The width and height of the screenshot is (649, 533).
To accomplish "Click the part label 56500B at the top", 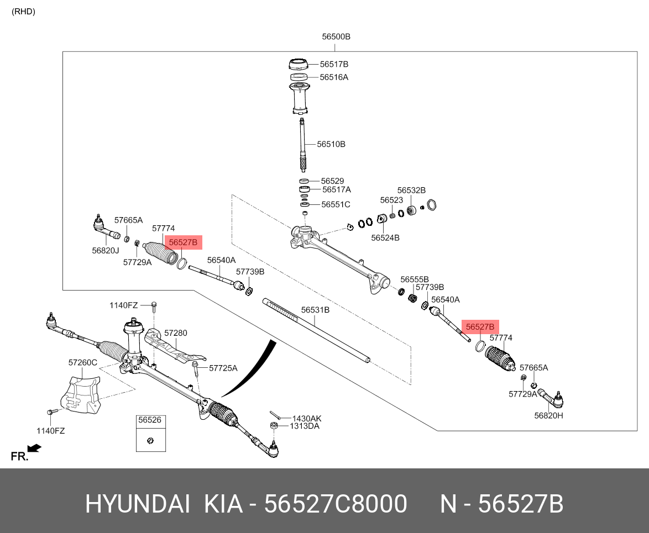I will (x=336, y=37).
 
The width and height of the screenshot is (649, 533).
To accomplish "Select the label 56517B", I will (x=334, y=64).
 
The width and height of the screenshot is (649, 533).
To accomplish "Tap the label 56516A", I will (x=334, y=77).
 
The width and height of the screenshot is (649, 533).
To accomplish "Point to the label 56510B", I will (x=331, y=144).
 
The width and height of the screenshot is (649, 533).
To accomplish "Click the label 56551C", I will (x=336, y=204).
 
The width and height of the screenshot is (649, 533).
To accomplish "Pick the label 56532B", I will (x=411, y=190).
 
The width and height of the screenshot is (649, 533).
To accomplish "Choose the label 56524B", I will (x=385, y=238).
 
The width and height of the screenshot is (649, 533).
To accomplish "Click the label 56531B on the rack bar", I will (x=315, y=310).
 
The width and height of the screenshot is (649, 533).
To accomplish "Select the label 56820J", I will (x=106, y=250).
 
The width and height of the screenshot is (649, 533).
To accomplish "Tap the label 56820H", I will (x=548, y=415).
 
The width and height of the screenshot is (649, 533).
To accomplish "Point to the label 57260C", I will (x=83, y=363).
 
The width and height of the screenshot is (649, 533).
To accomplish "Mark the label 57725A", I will (x=223, y=368).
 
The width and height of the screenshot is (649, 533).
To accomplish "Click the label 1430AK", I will (x=306, y=419).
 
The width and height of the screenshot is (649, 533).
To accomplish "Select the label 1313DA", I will (x=305, y=426).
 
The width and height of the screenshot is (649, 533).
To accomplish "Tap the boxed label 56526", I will (x=149, y=420).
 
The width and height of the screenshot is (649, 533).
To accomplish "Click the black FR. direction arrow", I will (x=34, y=448).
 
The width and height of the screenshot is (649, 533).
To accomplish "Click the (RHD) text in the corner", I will (x=23, y=12).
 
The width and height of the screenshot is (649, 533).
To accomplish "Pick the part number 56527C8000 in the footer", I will (x=336, y=504).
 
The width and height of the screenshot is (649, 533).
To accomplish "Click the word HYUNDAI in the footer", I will (x=138, y=504).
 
